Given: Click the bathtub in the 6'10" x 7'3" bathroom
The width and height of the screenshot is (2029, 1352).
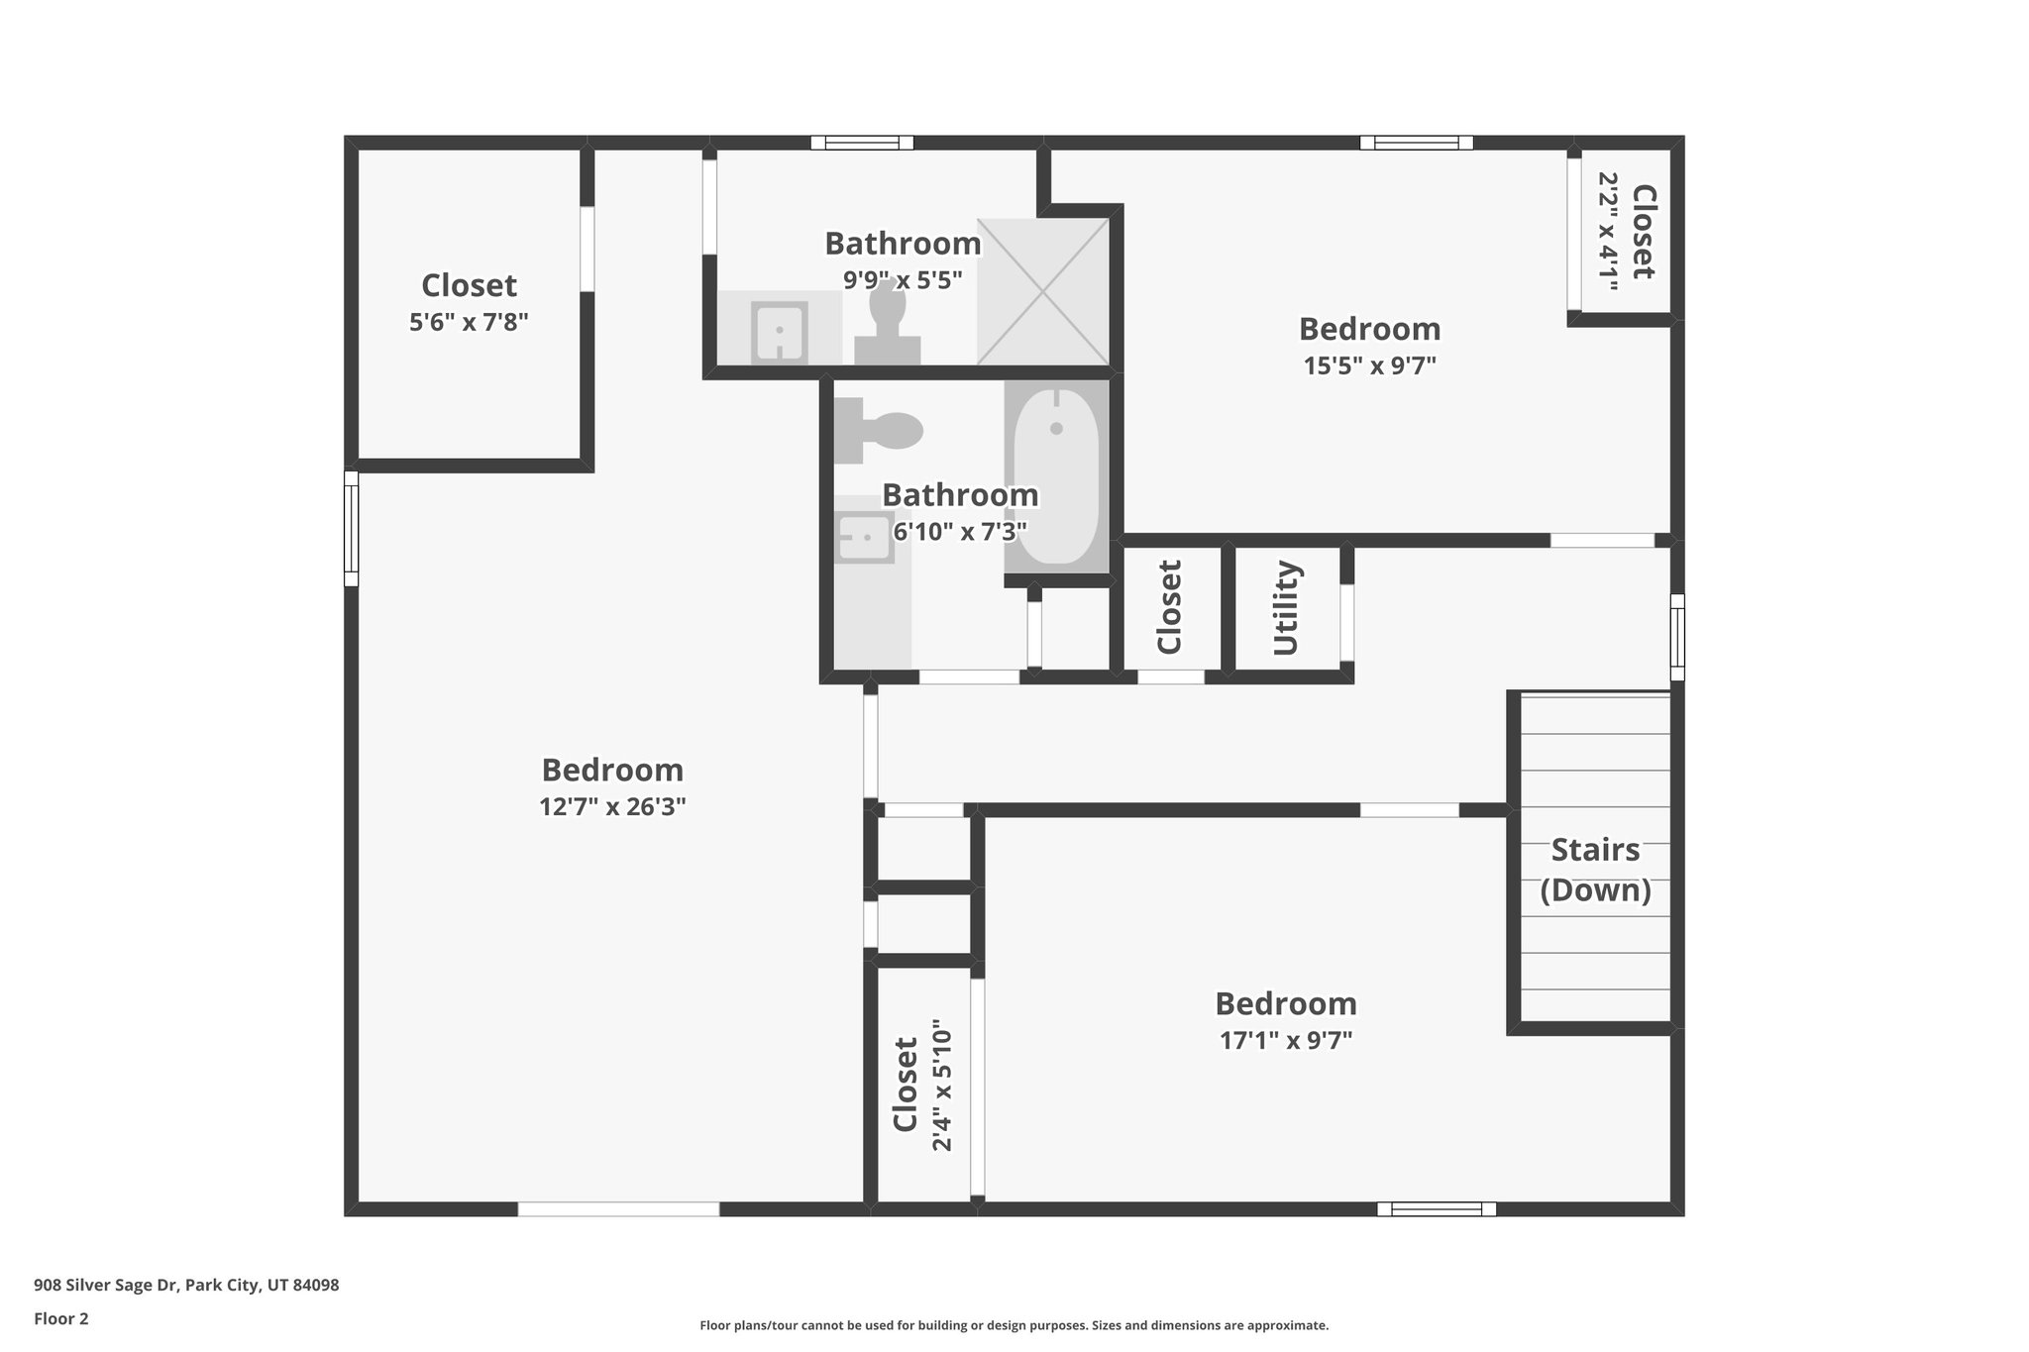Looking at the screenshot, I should (x=1056, y=477).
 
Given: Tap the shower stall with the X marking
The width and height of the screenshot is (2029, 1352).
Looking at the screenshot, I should (x=1042, y=291).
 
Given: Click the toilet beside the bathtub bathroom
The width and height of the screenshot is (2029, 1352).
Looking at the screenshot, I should (x=878, y=431).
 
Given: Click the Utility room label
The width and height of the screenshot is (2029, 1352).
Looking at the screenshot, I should (x=1285, y=608).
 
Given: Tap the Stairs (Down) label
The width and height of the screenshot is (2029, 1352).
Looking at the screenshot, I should (x=1595, y=870).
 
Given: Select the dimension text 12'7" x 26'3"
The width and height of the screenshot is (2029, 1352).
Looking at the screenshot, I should (x=612, y=806).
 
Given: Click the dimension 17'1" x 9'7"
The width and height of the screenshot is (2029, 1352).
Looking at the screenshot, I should (x=1285, y=1040).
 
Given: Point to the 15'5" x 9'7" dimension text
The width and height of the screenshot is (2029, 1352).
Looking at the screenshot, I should (x=1369, y=365).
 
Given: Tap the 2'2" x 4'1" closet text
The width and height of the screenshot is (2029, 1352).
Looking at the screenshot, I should (x=1608, y=232).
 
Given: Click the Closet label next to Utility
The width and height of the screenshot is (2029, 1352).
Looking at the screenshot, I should (x=1170, y=607).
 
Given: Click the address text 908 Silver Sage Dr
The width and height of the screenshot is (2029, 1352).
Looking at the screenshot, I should (x=186, y=1285).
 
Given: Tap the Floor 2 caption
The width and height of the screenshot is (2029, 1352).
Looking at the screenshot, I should (x=61, y=1318).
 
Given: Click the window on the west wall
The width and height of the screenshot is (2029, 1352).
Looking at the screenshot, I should (x=351, y=528).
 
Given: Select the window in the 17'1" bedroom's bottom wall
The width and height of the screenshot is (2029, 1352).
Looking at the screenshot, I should (x=1436, y=1208).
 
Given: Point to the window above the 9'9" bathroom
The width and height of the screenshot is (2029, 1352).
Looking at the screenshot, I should (x=861, y=143).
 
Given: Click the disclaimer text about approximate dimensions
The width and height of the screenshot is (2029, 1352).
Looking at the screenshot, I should (x=1014, y=1325).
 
